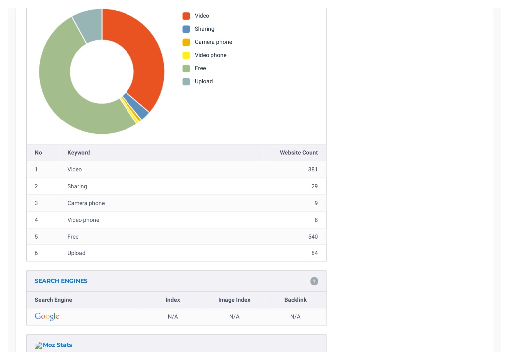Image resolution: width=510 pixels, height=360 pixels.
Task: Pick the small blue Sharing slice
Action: [x=136, y=106]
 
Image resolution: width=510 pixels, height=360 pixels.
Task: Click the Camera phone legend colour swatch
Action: [x=186, y=42]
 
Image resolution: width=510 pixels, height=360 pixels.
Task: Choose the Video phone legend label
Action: [x=211, y=55]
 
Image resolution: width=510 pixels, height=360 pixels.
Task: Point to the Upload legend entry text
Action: [x=204, y=81]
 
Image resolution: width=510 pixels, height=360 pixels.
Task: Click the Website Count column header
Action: [x=299, y=153]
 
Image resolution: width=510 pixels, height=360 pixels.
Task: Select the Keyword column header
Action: [x=78, y=153]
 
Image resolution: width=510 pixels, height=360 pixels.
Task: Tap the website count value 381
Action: [x=313, y=169]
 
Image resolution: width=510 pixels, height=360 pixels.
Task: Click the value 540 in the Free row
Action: [x=313, y=237]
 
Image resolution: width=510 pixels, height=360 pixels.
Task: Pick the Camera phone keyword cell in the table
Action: [x=86, y=203]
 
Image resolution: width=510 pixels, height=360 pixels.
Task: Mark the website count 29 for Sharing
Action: [x=315, y=186]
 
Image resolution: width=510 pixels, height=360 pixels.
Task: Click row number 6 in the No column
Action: [x=36, y=253]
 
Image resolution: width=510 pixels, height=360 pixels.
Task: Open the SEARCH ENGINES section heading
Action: [x=61, y=281]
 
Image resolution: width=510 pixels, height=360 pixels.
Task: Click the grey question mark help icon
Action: [x=314, y=281]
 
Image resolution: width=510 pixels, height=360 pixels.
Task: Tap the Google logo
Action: [x=47, y=316]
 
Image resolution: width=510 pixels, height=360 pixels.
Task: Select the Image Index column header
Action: [x=234, y=300]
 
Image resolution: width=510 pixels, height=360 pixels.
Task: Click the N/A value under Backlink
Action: [x=295, y=317]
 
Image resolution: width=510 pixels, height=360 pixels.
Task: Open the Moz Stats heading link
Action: [x=57, y=345]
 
